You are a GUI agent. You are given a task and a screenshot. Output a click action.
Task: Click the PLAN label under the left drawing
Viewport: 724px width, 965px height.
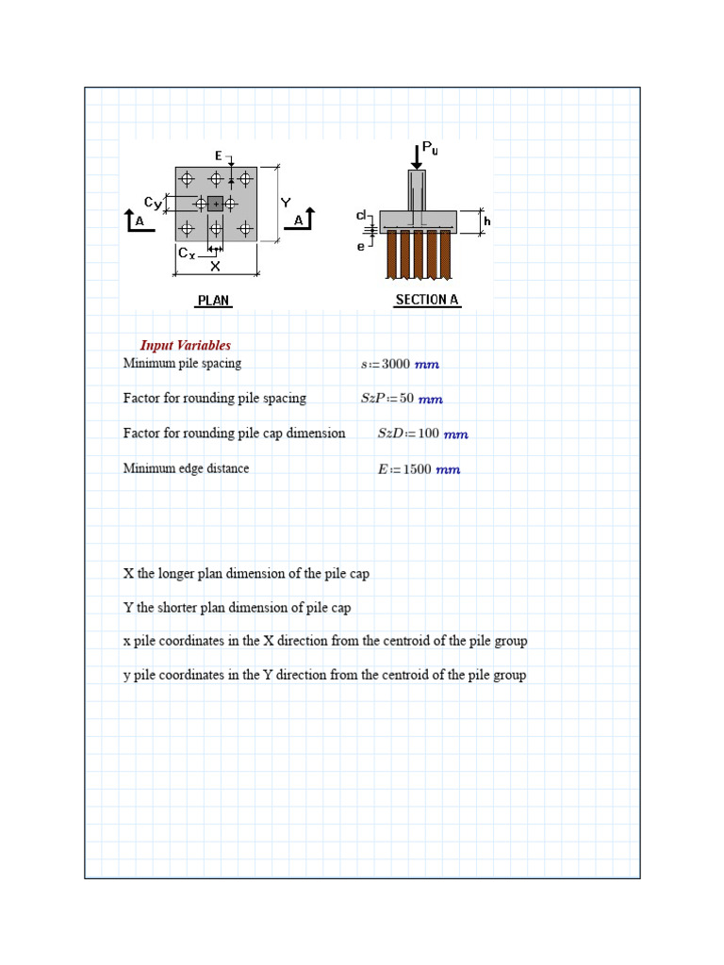[x=213, y=301]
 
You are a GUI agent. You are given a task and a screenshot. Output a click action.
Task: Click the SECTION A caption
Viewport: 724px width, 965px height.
[x=427, y=300]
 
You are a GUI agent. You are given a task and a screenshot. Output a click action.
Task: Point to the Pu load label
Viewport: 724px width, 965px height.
[x=430, y=148]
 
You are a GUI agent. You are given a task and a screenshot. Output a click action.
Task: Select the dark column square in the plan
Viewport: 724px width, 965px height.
[x=215, y=204]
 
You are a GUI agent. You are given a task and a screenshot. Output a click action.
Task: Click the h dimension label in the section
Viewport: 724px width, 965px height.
[x=487, y=221]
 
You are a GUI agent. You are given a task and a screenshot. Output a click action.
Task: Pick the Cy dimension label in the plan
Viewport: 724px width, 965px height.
[x=153, y=202]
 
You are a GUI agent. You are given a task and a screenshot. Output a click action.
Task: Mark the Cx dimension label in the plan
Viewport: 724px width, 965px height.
[x=187, y=254]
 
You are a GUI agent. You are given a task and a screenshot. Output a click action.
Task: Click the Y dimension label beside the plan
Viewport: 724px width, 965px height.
[x=285, y=203]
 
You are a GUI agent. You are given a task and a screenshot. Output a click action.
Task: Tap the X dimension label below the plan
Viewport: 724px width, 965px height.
[x=215, y=267]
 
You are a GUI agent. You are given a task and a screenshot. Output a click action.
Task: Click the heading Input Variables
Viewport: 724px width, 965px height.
[x=186, y=346]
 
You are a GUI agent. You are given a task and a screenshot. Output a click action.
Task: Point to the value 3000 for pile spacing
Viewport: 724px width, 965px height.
[x=396, y=364]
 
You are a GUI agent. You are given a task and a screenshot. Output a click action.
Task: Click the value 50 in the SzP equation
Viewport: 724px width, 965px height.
[x=406, y=399]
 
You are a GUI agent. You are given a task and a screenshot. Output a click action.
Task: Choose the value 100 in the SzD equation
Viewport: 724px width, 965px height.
[x=429, y=433]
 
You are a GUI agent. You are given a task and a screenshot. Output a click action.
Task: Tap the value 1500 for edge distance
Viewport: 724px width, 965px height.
[x=417, y=469]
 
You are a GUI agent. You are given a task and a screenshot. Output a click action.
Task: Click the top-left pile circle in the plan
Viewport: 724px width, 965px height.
[x=187, y=178]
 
